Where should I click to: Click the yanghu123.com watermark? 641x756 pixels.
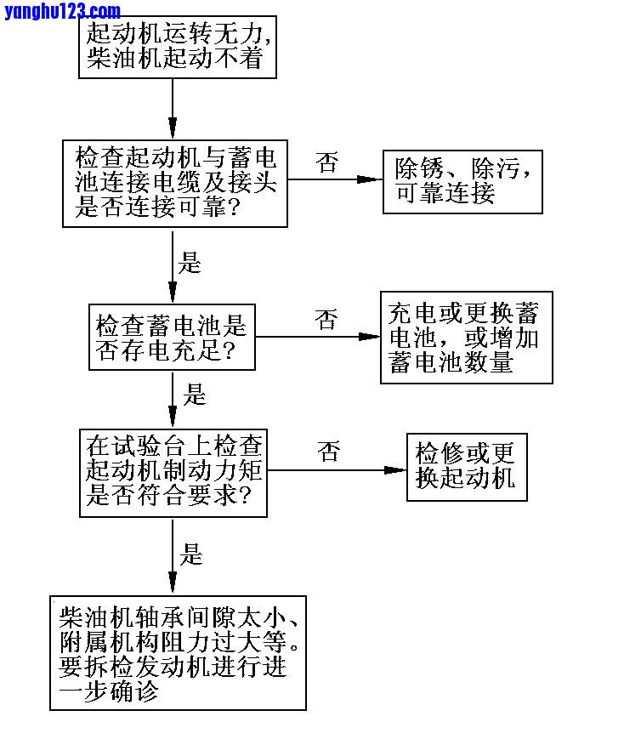tap(62, 11)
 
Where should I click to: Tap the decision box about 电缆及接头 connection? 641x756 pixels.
tap(175, 183)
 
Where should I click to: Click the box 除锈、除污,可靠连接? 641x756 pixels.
tap(462, 181)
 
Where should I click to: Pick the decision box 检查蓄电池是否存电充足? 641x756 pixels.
tap(172, 337)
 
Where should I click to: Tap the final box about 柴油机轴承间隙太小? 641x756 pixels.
tap(178, 653)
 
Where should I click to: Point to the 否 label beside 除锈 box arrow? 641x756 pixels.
tap(327, 162)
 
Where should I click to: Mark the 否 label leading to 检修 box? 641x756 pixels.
tap(329, 452)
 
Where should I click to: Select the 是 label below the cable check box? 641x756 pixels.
tap(190, 262)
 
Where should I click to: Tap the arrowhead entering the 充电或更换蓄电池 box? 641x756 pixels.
tap(369, 337)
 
